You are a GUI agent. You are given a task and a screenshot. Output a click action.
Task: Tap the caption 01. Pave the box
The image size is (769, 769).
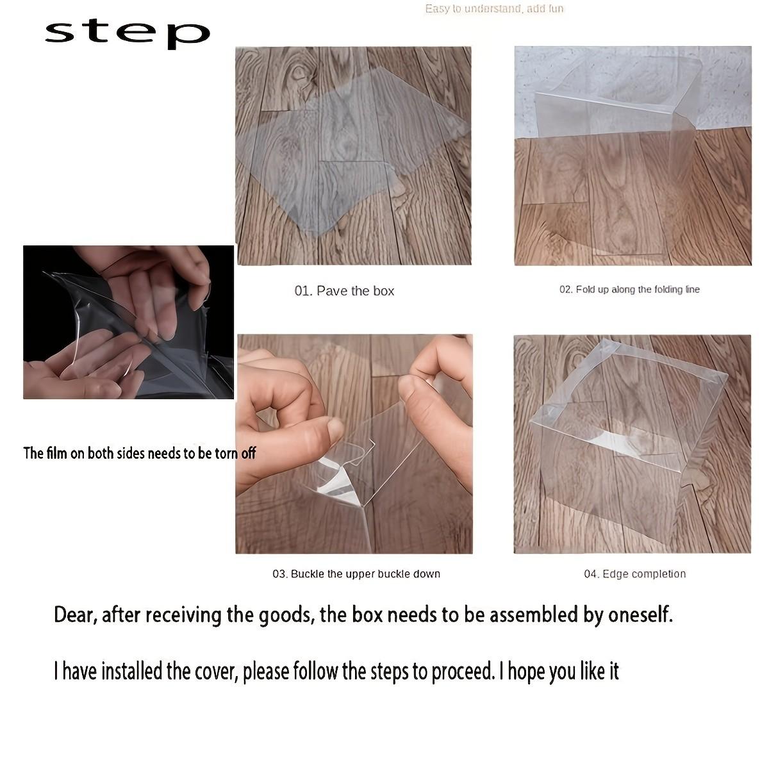(x=344, y=291)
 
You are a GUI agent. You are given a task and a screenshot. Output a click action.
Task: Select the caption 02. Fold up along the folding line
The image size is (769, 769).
(x=629, y=289)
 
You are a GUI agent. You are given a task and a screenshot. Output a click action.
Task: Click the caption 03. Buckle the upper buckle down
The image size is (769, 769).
(x=356, y=574)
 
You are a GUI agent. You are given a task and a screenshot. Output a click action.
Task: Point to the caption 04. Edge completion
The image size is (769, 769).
(x=635, y=574)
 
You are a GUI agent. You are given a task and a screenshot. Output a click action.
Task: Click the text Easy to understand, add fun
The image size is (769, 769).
(x=494, y=9)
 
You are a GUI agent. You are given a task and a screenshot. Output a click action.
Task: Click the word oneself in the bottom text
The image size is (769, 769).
(x=640, y=615)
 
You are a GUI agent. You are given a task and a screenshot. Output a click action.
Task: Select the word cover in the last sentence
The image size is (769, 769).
(x=217, y=671)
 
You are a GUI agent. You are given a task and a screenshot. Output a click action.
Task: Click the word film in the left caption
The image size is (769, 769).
(x=56, y=453)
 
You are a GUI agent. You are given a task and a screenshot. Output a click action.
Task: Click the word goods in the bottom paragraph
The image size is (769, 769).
(x=285, y=616)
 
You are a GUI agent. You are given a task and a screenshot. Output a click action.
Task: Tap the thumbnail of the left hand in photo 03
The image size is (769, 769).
(x=335, y=430)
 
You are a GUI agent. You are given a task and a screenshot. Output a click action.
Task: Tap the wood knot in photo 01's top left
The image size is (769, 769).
(x=298, y=73)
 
